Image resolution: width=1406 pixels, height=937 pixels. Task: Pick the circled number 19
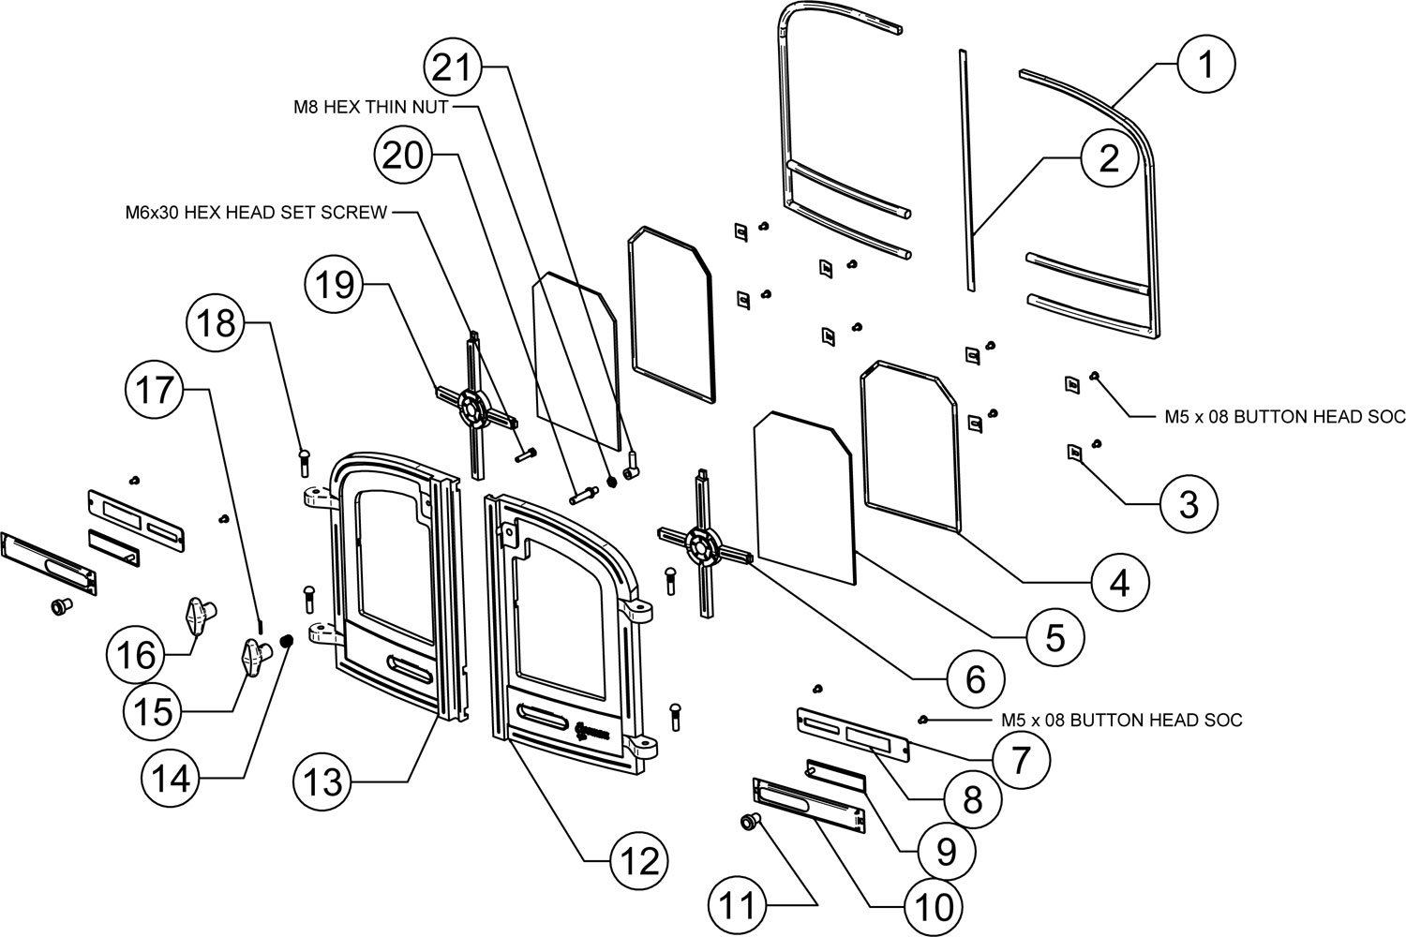336,284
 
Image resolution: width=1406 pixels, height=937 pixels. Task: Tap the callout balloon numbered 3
1188,504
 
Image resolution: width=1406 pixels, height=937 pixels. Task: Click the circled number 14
172,778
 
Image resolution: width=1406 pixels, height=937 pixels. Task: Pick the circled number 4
1118,584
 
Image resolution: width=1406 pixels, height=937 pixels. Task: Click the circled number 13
322,780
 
